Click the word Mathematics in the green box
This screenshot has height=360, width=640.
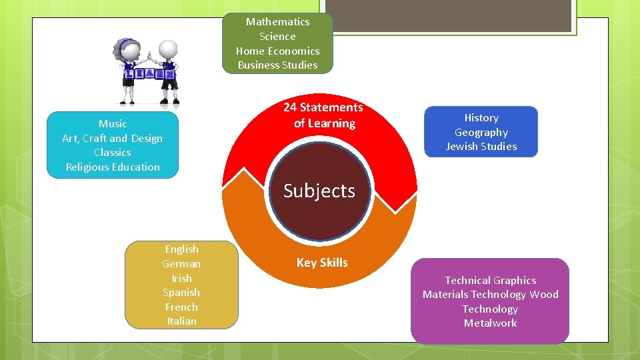pos(277,22)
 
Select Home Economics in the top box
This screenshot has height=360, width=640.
pos(277,51)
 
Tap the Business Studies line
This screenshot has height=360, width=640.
pos(277,65)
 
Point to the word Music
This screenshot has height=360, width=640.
pos(113,124)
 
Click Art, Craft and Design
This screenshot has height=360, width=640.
pos(113,139)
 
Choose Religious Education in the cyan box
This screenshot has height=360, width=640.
pos(113,167)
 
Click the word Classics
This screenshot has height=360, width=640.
pos(113,153)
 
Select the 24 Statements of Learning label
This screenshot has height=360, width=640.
pos(323,115)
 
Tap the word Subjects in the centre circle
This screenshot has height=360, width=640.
pos(319,191)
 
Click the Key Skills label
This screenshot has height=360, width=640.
pos(322,263)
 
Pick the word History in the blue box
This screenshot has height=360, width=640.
pos(481,118)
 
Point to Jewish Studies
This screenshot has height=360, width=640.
pos(481,147)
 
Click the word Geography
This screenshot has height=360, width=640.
pos(481,133)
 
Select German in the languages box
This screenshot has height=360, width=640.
pos(181,264)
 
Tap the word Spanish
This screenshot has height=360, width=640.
pos(181,293)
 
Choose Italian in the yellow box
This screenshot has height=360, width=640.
pos(181,321)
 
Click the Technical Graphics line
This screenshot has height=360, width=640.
pos(491,281)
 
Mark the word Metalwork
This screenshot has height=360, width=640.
pos(491,323)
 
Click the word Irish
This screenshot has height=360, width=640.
pos(181,278)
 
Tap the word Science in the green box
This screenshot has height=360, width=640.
pos(277,37)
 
